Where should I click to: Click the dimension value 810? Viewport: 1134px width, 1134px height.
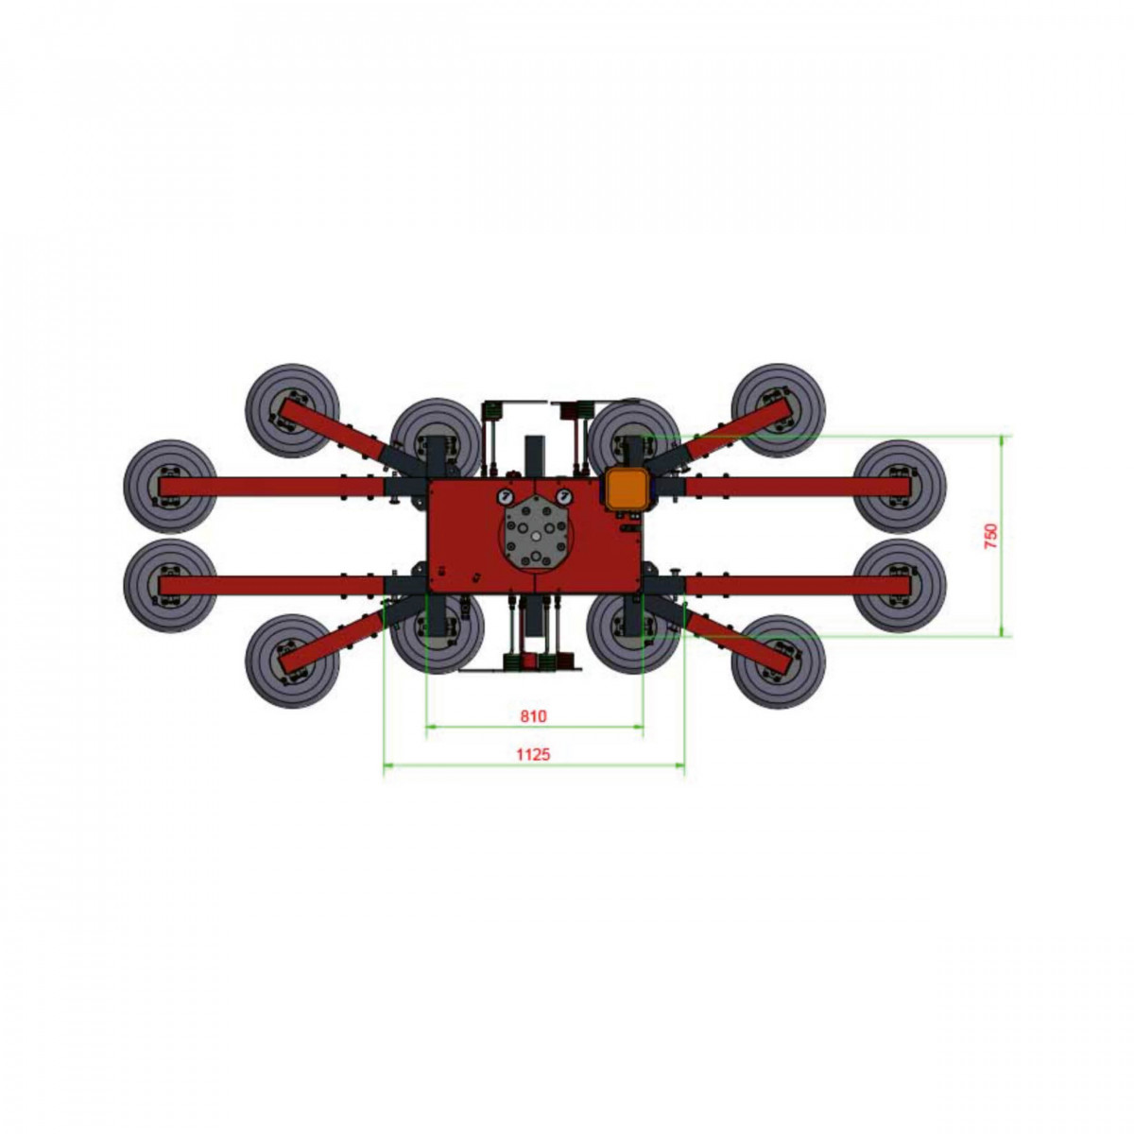tap(533, 716)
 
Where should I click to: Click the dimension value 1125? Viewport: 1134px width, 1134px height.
tap(533, 754)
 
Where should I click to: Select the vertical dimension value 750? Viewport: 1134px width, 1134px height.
tap(991, 536)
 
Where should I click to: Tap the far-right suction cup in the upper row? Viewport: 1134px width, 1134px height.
tap(900, 487)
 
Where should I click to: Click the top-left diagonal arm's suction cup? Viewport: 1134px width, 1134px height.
tap(292, 411)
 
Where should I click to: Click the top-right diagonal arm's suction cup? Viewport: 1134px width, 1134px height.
tap(778, 411)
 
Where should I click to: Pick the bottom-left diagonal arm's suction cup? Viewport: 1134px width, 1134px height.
tap(292, 661)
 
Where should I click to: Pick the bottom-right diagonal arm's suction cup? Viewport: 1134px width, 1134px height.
tap(778, 661)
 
